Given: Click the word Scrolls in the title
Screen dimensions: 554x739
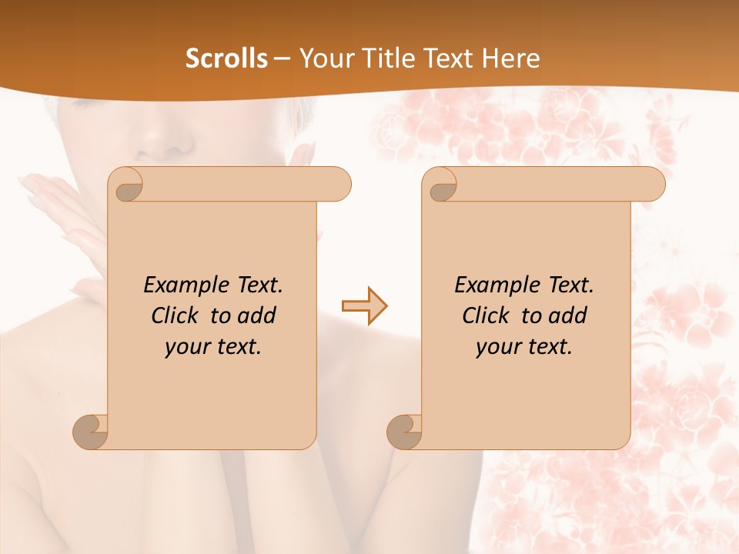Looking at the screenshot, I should pyautogui.click(x=227, y=58).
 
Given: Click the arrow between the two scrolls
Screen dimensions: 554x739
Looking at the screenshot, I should pyautogui.click(x=365, y=306).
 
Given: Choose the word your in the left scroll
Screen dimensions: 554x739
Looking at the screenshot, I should pyautogui.click(x=186, y=347).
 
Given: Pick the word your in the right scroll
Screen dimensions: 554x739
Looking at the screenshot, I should pyautogui.click(x=497, y=347).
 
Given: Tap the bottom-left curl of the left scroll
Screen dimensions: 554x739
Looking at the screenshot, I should pyautogui.click(x=91, y=432).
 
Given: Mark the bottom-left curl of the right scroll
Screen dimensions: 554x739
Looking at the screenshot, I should pyautogui.click(x=405, y=432).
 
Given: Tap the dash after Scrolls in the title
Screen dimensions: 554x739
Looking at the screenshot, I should pyautogui.click(x=282, y=59).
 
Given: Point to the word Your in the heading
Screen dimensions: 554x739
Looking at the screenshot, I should pyautogui.click(x=328, y=58).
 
